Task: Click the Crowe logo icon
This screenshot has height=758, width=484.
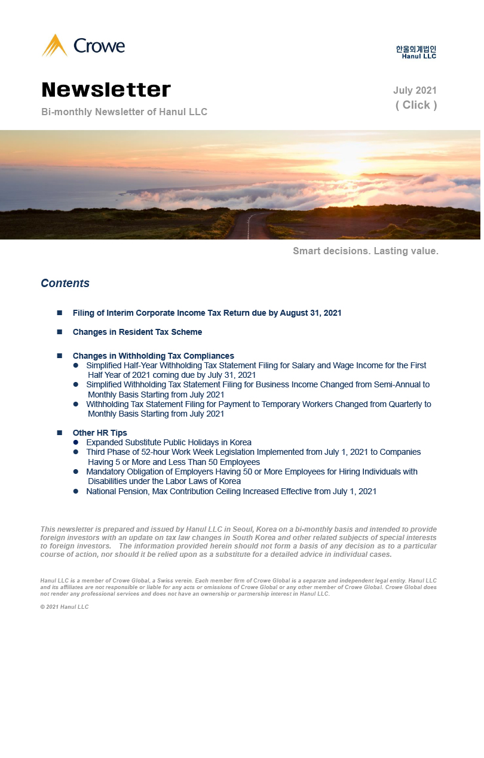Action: [54, 46]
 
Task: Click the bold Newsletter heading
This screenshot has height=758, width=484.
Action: [106, 90]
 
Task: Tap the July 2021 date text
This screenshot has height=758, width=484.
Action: [415, 91]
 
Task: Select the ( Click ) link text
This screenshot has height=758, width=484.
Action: [416, 105]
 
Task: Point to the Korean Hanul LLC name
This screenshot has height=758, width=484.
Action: [416, 49]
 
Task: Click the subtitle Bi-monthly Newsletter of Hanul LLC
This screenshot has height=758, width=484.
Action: [124, 112]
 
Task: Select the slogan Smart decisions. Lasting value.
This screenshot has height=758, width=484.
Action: [366, 251]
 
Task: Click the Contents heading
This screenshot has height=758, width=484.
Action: [65, 284]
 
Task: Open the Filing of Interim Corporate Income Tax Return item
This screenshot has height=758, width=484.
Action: [207, 313]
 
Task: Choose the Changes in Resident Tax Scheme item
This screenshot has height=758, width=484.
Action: [137, 332]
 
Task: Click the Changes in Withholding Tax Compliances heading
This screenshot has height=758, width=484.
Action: [153, 356]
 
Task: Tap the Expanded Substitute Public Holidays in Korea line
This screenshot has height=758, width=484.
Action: [169, 443]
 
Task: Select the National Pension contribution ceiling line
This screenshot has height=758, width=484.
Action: [231, 492]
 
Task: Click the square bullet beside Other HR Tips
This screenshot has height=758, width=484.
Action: [60, 433]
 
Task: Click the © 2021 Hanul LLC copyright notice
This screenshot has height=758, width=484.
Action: [65, 607]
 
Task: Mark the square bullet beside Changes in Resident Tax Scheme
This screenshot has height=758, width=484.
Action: [60, 332]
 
